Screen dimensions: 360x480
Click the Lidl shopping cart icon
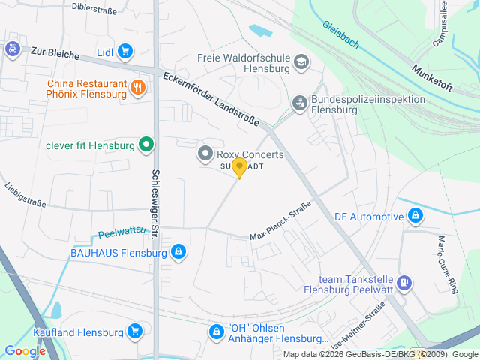[124, 52]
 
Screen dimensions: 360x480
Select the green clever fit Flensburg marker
[146, 145]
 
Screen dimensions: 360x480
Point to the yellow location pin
[239, 167]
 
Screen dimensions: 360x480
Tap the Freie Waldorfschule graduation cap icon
[301, 61]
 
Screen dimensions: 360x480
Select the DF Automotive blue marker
[415, 217]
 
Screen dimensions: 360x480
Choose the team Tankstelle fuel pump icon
[404, 282]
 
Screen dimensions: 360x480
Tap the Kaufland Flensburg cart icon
[135, 331]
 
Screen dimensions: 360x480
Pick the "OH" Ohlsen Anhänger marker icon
[216, 331]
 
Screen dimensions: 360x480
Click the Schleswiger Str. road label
[155, 199]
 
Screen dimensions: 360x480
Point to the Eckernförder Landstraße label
[214, 100]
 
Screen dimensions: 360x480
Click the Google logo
[24, 350]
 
